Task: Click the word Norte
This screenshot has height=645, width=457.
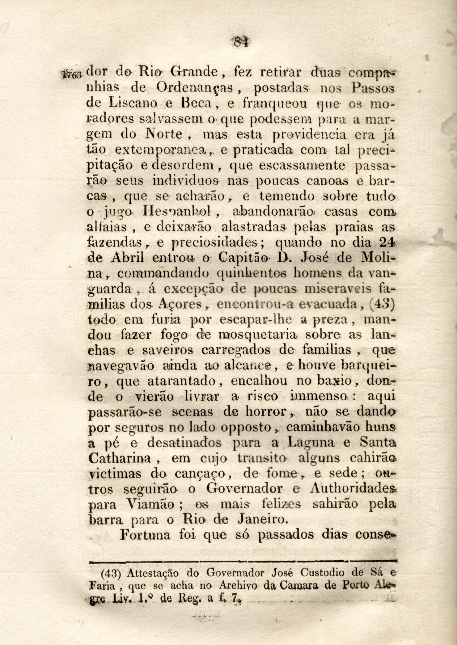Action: click(x=163, y=135)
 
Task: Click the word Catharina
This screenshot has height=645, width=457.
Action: click(x=119, y=458)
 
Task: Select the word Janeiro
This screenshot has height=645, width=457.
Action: click(x=263, y=520)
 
